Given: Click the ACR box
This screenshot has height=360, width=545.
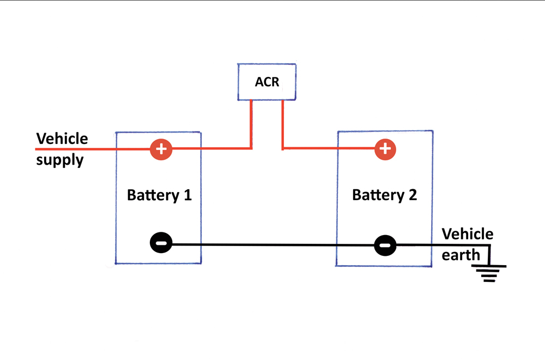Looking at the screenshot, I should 267,82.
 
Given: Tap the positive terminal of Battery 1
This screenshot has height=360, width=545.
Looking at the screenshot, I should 161,148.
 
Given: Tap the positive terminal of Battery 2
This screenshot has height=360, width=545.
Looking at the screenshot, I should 385,148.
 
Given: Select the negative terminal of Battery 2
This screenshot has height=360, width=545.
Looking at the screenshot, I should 385,245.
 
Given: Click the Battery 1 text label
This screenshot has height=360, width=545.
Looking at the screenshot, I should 159,195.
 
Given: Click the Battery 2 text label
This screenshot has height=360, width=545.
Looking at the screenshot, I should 384,195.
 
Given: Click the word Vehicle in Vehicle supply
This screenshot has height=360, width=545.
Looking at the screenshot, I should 62,139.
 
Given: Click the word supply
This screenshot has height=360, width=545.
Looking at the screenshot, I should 59,160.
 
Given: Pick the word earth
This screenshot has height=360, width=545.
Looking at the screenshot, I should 461,255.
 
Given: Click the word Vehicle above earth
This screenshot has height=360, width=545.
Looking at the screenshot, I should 467,235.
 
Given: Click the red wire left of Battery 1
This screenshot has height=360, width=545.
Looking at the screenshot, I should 76,148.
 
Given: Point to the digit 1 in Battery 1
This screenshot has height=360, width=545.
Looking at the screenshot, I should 187,195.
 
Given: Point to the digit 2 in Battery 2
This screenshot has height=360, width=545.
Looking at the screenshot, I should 412,195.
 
